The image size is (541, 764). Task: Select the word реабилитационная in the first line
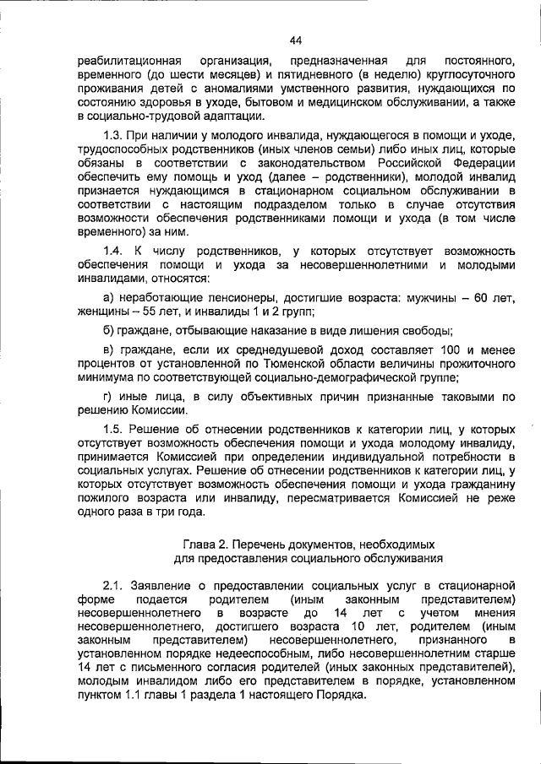point(128,62)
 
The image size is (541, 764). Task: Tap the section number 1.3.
point(113,137)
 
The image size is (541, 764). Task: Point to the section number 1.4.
point(113,251)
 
